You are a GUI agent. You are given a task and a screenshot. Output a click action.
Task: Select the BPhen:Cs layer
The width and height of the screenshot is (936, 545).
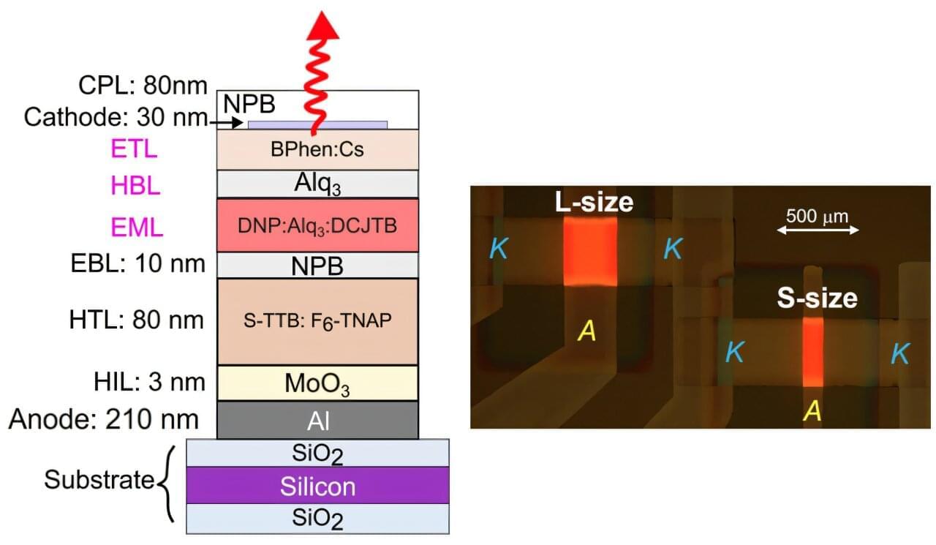coord(317,150)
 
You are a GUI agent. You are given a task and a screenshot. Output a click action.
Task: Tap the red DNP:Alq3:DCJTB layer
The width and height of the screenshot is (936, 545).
coord(317,225)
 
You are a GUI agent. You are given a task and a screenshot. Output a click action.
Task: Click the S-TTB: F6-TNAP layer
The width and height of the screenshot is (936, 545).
coord(317,320)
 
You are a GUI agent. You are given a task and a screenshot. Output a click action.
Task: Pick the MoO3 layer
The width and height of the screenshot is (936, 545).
coord(317,383)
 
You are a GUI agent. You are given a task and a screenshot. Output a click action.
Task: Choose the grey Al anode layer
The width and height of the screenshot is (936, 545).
coord(317,420)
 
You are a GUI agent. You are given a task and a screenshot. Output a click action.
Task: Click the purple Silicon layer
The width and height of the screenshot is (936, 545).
coord(317,486)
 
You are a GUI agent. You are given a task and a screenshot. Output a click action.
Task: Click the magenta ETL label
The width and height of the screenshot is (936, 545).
coord(134,150)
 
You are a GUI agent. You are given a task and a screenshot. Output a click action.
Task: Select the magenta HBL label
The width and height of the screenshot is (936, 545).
coord(134,186)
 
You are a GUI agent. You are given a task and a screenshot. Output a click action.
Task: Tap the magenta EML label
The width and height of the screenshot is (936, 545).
coord(137,228)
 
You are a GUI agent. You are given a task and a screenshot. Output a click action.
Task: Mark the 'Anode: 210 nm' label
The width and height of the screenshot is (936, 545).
coord(103,419)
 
